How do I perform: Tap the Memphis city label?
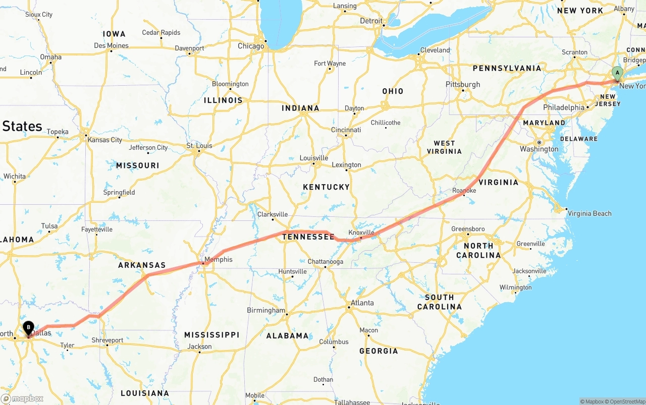tap(219, 259)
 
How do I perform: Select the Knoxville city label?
tap(361, 233)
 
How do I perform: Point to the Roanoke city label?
tap(464, 190)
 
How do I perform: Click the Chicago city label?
tap(251, 46)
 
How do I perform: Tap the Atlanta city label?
tap(362, 303)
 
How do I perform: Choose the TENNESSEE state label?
tap(308, 237)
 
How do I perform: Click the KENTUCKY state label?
tap(326, 187)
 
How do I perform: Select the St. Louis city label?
tap(199, 146)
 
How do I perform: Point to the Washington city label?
tap(539, 149)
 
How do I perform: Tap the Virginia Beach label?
tap(589, 213)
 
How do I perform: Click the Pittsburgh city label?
tap(463, 84)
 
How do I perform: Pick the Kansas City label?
tap(105, 140)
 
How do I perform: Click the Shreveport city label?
tap(107, 340)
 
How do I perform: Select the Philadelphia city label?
tap(564, 107)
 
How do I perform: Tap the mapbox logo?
tap(22, 398)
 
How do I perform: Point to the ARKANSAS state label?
tap(142, 265)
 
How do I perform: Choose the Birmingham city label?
tap(266, 310)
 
